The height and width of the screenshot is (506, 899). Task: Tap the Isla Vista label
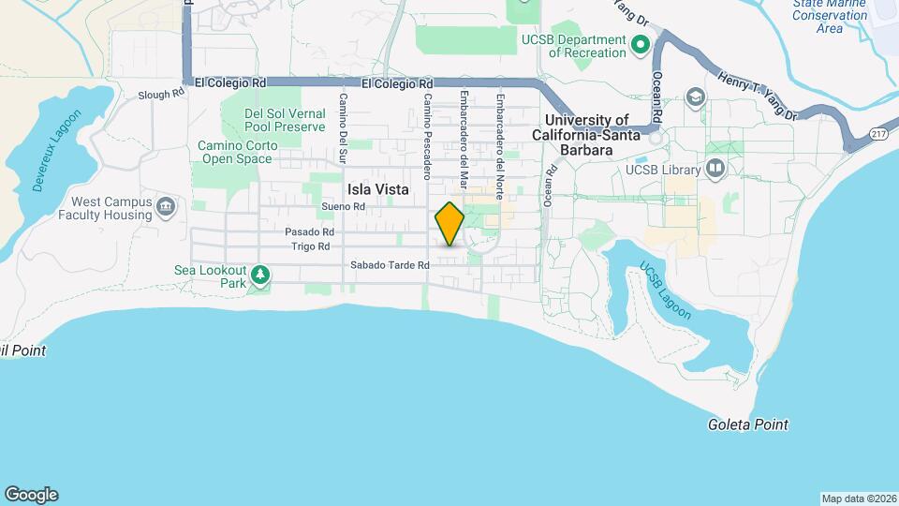point(378,188)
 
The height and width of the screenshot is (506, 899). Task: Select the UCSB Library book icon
point(716,169)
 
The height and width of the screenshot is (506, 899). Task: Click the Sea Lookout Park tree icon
point(260,275)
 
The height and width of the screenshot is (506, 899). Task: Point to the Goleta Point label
point(747,424)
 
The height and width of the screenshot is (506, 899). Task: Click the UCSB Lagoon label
point(665,292)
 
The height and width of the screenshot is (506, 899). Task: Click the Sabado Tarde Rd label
point(390,265)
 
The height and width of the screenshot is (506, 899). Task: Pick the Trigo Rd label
point(310,246)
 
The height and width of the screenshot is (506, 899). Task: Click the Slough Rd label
point(161,95)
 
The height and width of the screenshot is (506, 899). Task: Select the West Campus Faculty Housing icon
point(167,206)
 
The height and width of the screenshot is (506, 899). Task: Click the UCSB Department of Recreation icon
point(641,44)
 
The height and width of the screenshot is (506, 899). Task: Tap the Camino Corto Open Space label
point(234,152)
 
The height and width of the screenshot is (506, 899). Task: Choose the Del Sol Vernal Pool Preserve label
point(285,120)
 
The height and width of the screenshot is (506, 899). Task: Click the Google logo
point(31,495)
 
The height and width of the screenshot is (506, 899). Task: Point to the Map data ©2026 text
point(858,499)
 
